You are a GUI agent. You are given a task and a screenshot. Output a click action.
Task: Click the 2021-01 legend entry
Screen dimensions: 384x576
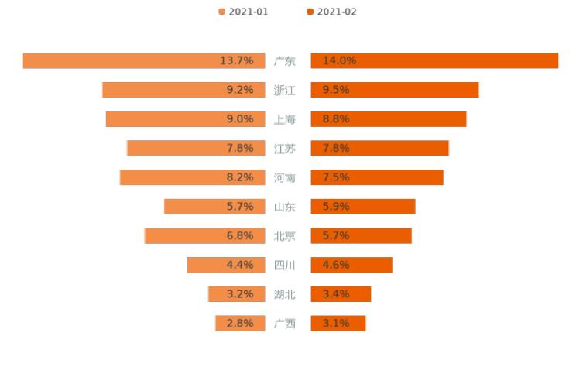(x=244, y=12)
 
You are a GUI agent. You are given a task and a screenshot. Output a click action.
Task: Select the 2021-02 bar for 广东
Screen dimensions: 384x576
(x=434, y=60)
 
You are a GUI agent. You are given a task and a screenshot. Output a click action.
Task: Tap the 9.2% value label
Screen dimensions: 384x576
(x=240, y=90)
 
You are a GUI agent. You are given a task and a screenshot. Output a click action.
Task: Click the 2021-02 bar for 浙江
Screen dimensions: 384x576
(x=395, y=90)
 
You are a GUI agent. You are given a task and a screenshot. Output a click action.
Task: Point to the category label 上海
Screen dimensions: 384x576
(x=285, y=119)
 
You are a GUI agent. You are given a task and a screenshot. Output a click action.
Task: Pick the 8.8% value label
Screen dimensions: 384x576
(x=336, y=119)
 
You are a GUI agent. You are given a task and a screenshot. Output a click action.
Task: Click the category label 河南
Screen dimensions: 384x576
(x=285, y=177)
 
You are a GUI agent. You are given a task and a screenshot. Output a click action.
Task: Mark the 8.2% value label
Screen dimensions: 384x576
(x=240, y=177)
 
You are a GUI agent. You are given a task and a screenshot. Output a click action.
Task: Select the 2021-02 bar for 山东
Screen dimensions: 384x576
(x=363, y=207)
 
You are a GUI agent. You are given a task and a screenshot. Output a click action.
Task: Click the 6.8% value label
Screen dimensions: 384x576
(x=240, y=235)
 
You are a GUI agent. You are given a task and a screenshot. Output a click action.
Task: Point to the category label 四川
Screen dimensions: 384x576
(x=285, y=265)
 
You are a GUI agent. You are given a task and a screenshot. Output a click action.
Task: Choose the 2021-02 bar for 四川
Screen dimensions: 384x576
(x=351, y=265)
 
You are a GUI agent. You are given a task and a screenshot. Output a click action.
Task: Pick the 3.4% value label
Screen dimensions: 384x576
(x=336, y=294)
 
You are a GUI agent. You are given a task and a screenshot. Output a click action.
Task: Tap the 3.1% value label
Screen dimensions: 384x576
(x=336, y=324)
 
